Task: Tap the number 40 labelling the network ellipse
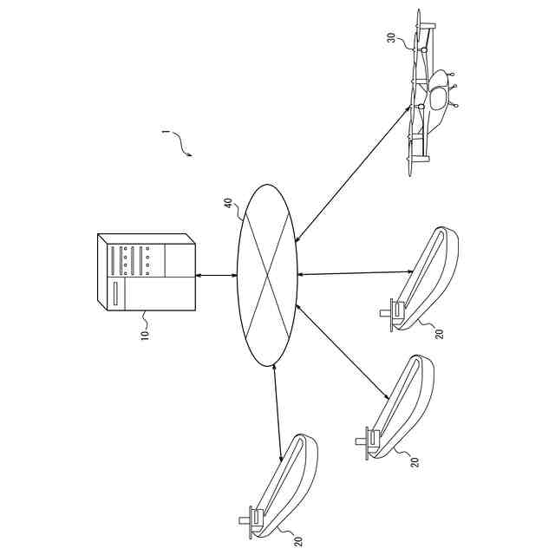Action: click(x=228, y=205)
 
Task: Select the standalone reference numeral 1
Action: click(x=165, y=134)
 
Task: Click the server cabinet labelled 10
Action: click(x=146, y=276)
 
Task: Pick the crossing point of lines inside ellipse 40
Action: click(x=267, y=275)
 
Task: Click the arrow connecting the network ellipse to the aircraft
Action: click(x=354, y=170)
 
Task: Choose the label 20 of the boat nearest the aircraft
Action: click(x=439, y=332)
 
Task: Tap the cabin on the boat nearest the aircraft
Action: click(x=396, y=309)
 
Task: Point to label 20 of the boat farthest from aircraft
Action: click(x=297, y=540)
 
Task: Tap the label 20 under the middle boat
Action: click(x=415, y=461)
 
